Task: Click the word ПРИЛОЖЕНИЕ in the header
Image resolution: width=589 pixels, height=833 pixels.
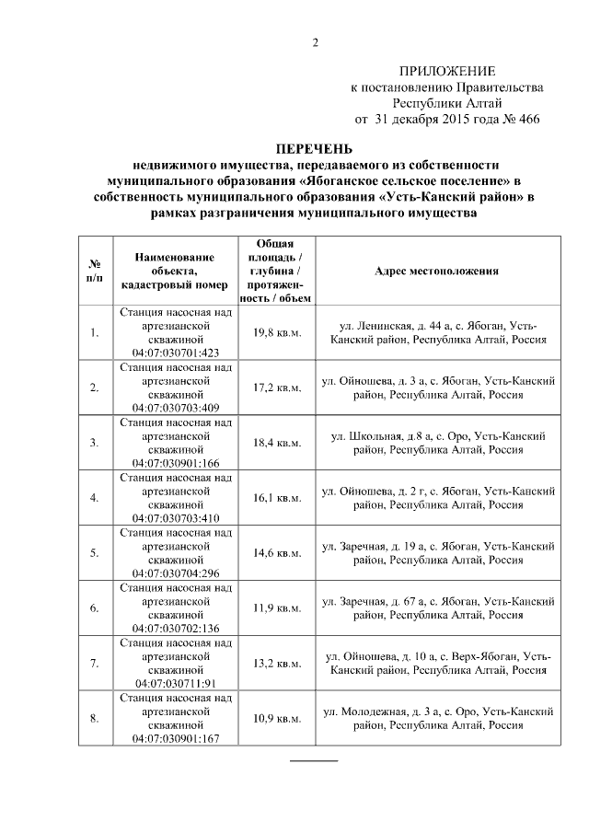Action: click(x=446, y=71)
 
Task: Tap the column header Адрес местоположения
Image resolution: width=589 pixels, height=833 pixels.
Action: click(x=437, y=272)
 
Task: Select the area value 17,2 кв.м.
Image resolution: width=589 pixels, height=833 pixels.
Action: click(x=277, y=388)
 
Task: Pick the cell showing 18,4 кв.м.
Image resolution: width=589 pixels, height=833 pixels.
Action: click(x=277, y=443)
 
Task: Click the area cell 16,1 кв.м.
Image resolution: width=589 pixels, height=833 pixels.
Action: click(x=277, y=498)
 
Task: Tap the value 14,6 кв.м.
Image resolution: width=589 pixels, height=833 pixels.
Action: click(x=277, y=553)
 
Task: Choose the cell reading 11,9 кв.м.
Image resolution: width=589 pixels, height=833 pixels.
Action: click(x=277, y=608)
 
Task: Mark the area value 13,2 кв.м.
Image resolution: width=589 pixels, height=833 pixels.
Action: click(x=277, y=664)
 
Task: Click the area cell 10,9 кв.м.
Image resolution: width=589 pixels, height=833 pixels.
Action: click(x=277, y=719)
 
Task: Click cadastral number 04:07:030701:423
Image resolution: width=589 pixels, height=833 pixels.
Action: click(x=175, y=353)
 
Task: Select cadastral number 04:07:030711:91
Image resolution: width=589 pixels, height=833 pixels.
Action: click(x=175, y=684)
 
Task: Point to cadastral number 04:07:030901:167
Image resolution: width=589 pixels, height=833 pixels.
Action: click(x=175, y=739)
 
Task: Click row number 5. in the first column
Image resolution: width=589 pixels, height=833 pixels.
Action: click(x=94, y=553)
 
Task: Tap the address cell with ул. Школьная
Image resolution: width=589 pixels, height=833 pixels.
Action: click(x=437, y=443)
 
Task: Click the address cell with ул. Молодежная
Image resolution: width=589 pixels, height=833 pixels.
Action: click(x=437, y=719)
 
